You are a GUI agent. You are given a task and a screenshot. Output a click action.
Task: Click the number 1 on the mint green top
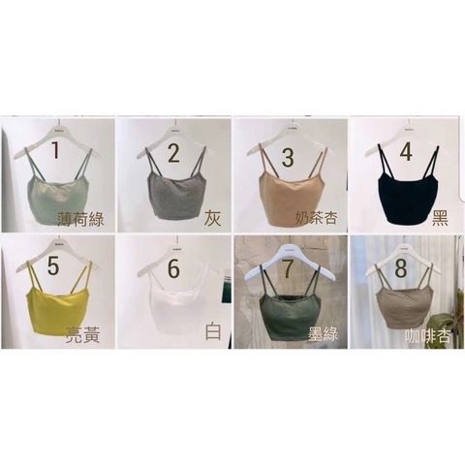click(x=56, y=150)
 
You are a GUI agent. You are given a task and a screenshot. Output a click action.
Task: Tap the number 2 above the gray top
click(x=174, y=152)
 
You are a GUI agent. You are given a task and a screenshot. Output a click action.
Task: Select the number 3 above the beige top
click(x=288, y=156)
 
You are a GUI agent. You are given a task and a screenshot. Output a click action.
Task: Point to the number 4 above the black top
click(x=406, y=151)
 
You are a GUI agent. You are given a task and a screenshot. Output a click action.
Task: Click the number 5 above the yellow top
click(x=53, y=266)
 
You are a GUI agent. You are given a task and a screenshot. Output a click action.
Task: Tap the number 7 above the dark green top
click(x=289, y=267)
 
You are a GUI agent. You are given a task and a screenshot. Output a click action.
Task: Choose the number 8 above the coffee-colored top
click(x=401, y=267)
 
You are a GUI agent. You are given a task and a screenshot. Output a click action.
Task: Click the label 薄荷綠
click(x=81, y=220)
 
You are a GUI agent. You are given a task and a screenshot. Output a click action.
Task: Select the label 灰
click(x=213, y=219)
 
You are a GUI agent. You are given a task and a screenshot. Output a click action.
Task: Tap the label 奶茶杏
click(x=317, y=218)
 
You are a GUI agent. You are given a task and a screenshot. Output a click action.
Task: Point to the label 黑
click(x=440, y=218)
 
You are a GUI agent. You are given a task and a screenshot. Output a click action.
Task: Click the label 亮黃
click(x=83, y=335)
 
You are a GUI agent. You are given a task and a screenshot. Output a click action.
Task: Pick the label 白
click(x=213, y=332)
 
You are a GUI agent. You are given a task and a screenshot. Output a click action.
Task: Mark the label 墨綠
click(x=323, y=333)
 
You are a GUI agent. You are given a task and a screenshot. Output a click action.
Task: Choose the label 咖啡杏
click(x=428, y=336)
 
